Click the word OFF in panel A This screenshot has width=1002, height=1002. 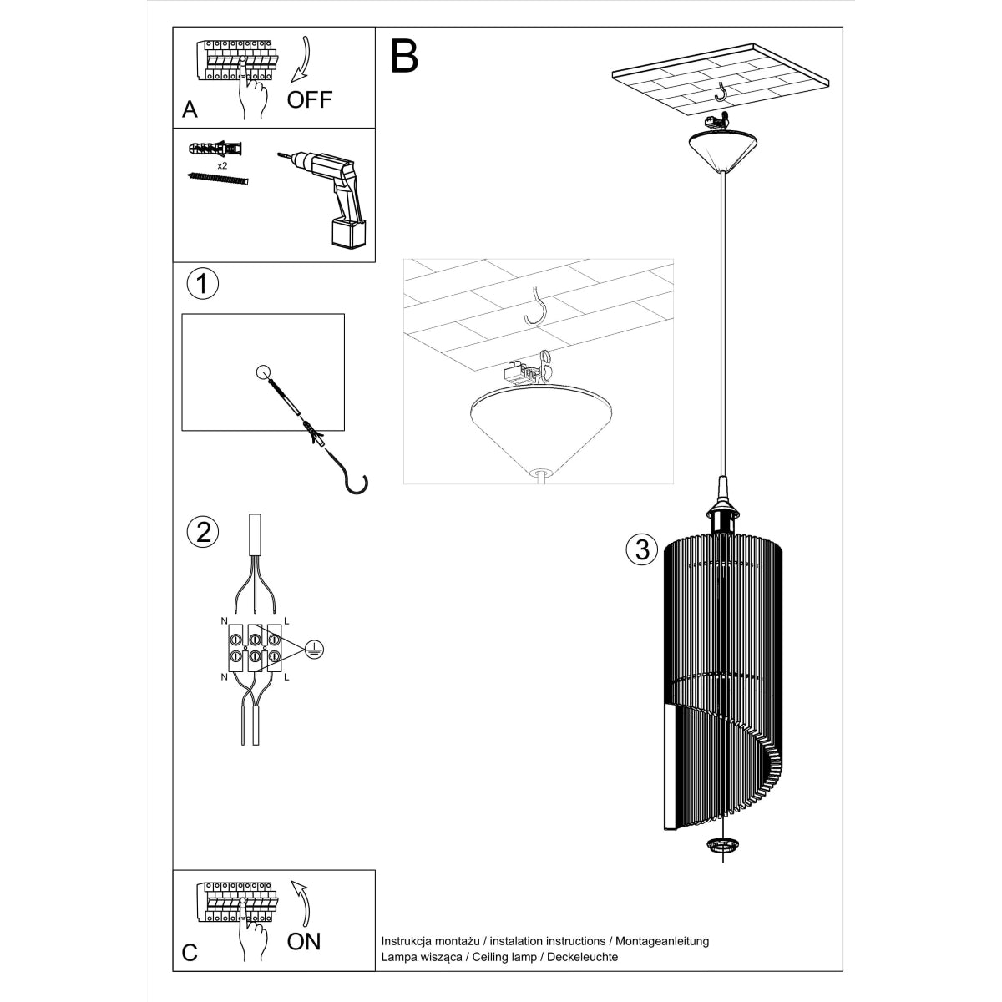[x=310, y=100]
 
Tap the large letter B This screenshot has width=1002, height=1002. [x=404, y=56]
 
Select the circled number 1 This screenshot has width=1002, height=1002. [x=201, y=283]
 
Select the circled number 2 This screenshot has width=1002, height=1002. [x=203, y=531]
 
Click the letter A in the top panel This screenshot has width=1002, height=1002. [x=190, y=109]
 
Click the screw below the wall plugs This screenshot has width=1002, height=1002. [x=220, y=179]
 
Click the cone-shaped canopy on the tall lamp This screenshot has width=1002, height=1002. [x=722, y=150]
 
